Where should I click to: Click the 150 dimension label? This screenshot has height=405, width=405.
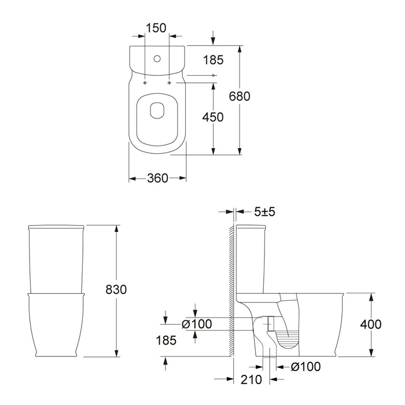(156, 28)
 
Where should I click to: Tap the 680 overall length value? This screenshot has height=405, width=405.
(240, 97)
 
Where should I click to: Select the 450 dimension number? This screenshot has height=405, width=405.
(213, 117)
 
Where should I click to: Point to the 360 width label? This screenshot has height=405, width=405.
(157, 178)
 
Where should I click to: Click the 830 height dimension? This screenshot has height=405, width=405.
(116, 289)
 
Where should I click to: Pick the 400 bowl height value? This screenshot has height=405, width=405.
(371, 324)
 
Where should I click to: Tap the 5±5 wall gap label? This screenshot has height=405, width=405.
(265, 212)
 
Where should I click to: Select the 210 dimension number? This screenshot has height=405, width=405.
(251, 380)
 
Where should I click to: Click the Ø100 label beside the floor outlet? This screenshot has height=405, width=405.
(306, 366)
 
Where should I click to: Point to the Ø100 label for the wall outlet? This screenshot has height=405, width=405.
(197, 324)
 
